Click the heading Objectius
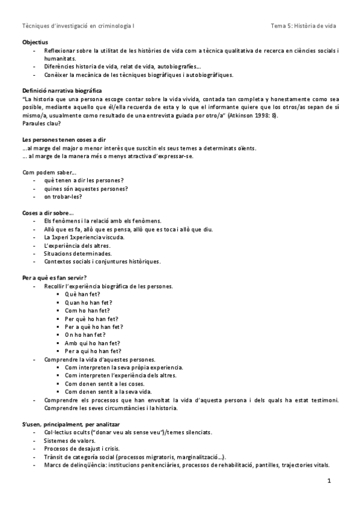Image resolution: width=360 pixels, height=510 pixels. (34, 43)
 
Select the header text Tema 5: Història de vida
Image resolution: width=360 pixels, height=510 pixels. (304, 26)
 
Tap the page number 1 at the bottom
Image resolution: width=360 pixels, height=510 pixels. (329, 482)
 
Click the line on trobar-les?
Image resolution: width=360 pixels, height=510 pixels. (63, 196)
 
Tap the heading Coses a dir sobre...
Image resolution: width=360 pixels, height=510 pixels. (48, 213)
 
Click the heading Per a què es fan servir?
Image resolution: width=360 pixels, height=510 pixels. (58, 277)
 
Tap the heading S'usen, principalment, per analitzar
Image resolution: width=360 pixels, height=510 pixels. (72, 424)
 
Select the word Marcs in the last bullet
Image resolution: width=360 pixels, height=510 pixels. (52, 465)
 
